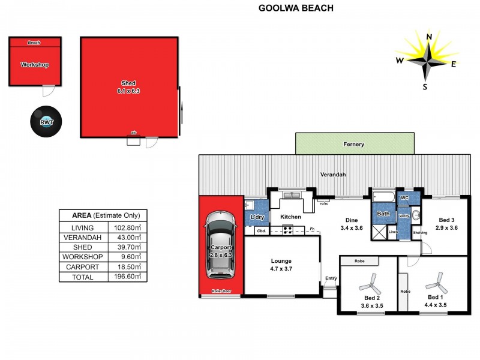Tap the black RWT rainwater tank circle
43,121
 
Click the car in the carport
220,246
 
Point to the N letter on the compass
430,37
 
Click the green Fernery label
354,145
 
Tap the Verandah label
332,175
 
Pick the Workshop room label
34,65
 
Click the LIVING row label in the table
83,227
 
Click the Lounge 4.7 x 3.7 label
281,265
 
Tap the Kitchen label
291,217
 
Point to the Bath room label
383,214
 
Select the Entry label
331,278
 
